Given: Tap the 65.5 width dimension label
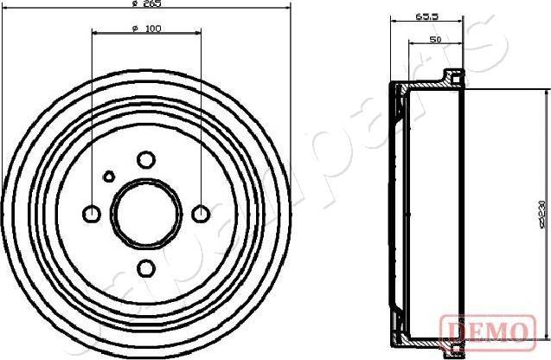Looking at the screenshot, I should click(x=425, y=16).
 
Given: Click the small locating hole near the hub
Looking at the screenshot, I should click(x=108, y=176).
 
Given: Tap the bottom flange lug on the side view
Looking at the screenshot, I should click(x=451, y=348).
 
